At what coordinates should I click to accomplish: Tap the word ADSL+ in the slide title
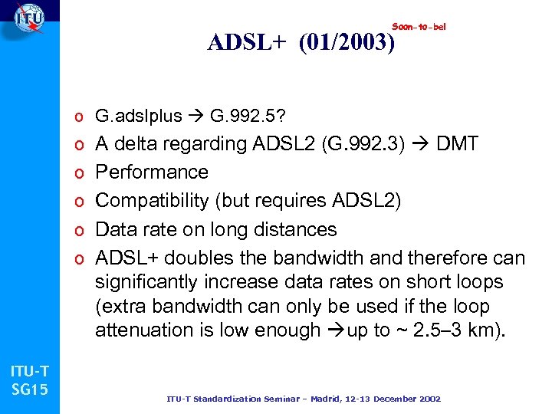[x=246, y=44]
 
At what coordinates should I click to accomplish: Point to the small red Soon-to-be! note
[x=419, y=27]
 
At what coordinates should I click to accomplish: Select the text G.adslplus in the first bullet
[x=139, y=116]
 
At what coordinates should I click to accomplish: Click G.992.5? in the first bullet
[x=249, y=116]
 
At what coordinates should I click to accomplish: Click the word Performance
[x=152, y=172]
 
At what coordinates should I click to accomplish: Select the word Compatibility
[x=152, y=201]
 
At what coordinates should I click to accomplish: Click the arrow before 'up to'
[x=335, y=330]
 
